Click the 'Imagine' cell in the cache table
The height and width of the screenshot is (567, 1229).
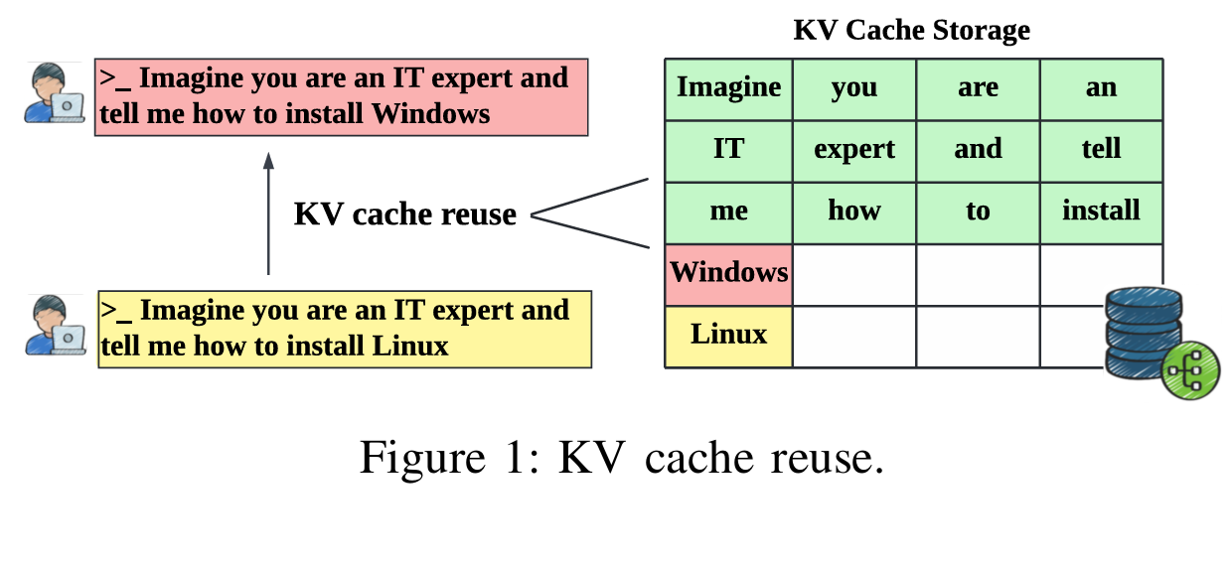coord(728,88)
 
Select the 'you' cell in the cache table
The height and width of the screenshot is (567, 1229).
coord(853,88)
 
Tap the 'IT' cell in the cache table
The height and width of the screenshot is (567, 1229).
coord(728,150)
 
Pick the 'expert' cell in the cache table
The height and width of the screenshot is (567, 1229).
coord(853,150)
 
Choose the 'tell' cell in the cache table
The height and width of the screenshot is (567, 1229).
coord(1101,150)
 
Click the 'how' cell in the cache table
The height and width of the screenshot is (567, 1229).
coord(853,212)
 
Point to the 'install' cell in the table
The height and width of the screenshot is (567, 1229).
coord(1101,212)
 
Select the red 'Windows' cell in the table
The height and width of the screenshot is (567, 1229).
coord(728,273)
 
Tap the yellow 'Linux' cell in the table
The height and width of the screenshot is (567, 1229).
coord(728,335)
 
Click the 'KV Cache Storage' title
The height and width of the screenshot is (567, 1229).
coord(911,30)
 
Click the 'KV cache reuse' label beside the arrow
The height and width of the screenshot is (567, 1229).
coord(404,214)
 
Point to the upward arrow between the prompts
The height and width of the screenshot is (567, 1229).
coord(268,213)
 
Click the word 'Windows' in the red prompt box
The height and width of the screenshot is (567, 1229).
coord(430,114)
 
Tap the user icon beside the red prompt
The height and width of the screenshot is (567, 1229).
coord(54,93)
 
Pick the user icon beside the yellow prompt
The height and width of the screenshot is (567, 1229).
coord(54,325)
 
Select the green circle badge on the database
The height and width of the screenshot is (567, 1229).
coord(1189,374)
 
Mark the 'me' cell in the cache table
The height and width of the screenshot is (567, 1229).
coord(728,212)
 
